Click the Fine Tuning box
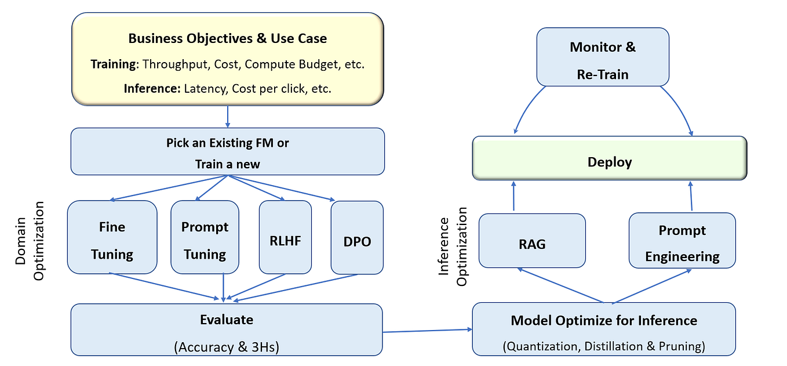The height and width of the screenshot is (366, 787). point(112,237)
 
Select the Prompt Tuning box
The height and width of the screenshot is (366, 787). point(205,237)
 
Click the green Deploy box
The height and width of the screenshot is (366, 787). point(610,162)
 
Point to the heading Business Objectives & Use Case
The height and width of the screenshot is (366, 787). point(227,39)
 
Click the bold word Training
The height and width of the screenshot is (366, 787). point(114,64)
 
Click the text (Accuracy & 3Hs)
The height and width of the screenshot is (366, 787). point(227,347)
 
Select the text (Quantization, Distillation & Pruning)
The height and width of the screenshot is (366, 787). point(604,347)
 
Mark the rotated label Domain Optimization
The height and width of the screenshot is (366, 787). point(29,241)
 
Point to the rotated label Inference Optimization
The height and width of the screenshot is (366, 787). point(453,251)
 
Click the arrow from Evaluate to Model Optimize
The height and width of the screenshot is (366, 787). point(427,331)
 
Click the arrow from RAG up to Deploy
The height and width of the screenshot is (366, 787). point(513,196)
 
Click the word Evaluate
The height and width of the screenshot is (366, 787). point(227,320)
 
